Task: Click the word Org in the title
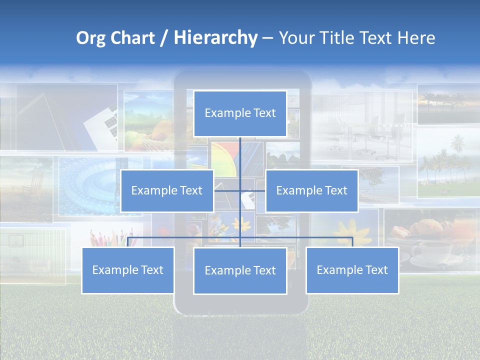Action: [x=91, y=38]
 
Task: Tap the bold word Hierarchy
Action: [x=215, y=38]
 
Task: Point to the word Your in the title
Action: [x=294, y=38]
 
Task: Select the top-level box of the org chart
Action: [x=240, y=113]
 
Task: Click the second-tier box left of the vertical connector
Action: [x=167, y=190]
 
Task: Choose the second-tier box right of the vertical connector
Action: [x=311, y=190]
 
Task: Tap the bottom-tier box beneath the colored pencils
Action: [x=128, y=270]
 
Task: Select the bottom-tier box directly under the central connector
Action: [x=240, y=270]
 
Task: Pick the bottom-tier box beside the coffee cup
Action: [x=352, y=270]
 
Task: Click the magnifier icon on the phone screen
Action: [x=292, y=100]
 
